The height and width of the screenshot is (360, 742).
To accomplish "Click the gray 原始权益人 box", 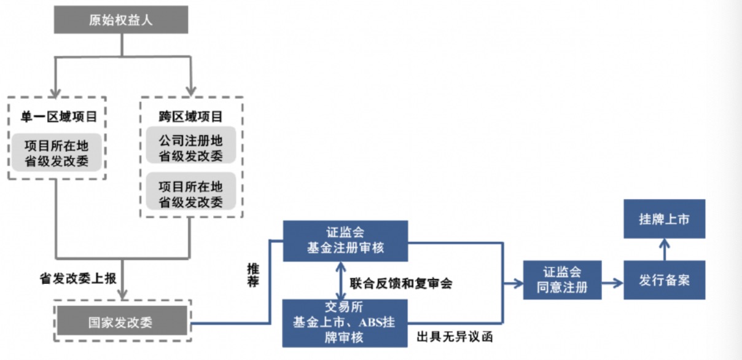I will tap(121, 20).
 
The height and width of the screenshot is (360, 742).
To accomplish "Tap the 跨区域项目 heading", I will tap(191, 116).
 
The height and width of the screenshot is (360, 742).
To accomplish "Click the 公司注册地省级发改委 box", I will tap(191, 148).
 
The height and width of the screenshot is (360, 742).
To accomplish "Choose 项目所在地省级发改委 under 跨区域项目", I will tap(191, 194).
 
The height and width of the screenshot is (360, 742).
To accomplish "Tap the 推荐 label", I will tap(253, 275).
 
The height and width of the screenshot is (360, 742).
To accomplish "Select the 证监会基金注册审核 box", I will tap(345, 241).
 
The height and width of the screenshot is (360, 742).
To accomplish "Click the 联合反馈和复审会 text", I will tap(401, 284).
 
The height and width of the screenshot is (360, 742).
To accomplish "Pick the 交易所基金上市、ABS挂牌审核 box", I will tap(345, 323).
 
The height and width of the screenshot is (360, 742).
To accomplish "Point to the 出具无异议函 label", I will tap(454, 337).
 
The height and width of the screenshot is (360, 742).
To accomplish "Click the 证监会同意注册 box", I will tap(562, 280).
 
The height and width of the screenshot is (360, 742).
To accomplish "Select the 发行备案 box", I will tap(664, 280).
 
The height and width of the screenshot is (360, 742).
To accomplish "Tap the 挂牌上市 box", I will tap(664, 219).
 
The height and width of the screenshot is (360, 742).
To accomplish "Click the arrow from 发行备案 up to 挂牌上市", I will tap(664, 249).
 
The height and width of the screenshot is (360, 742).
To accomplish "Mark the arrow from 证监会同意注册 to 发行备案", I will tap(612, 283).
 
